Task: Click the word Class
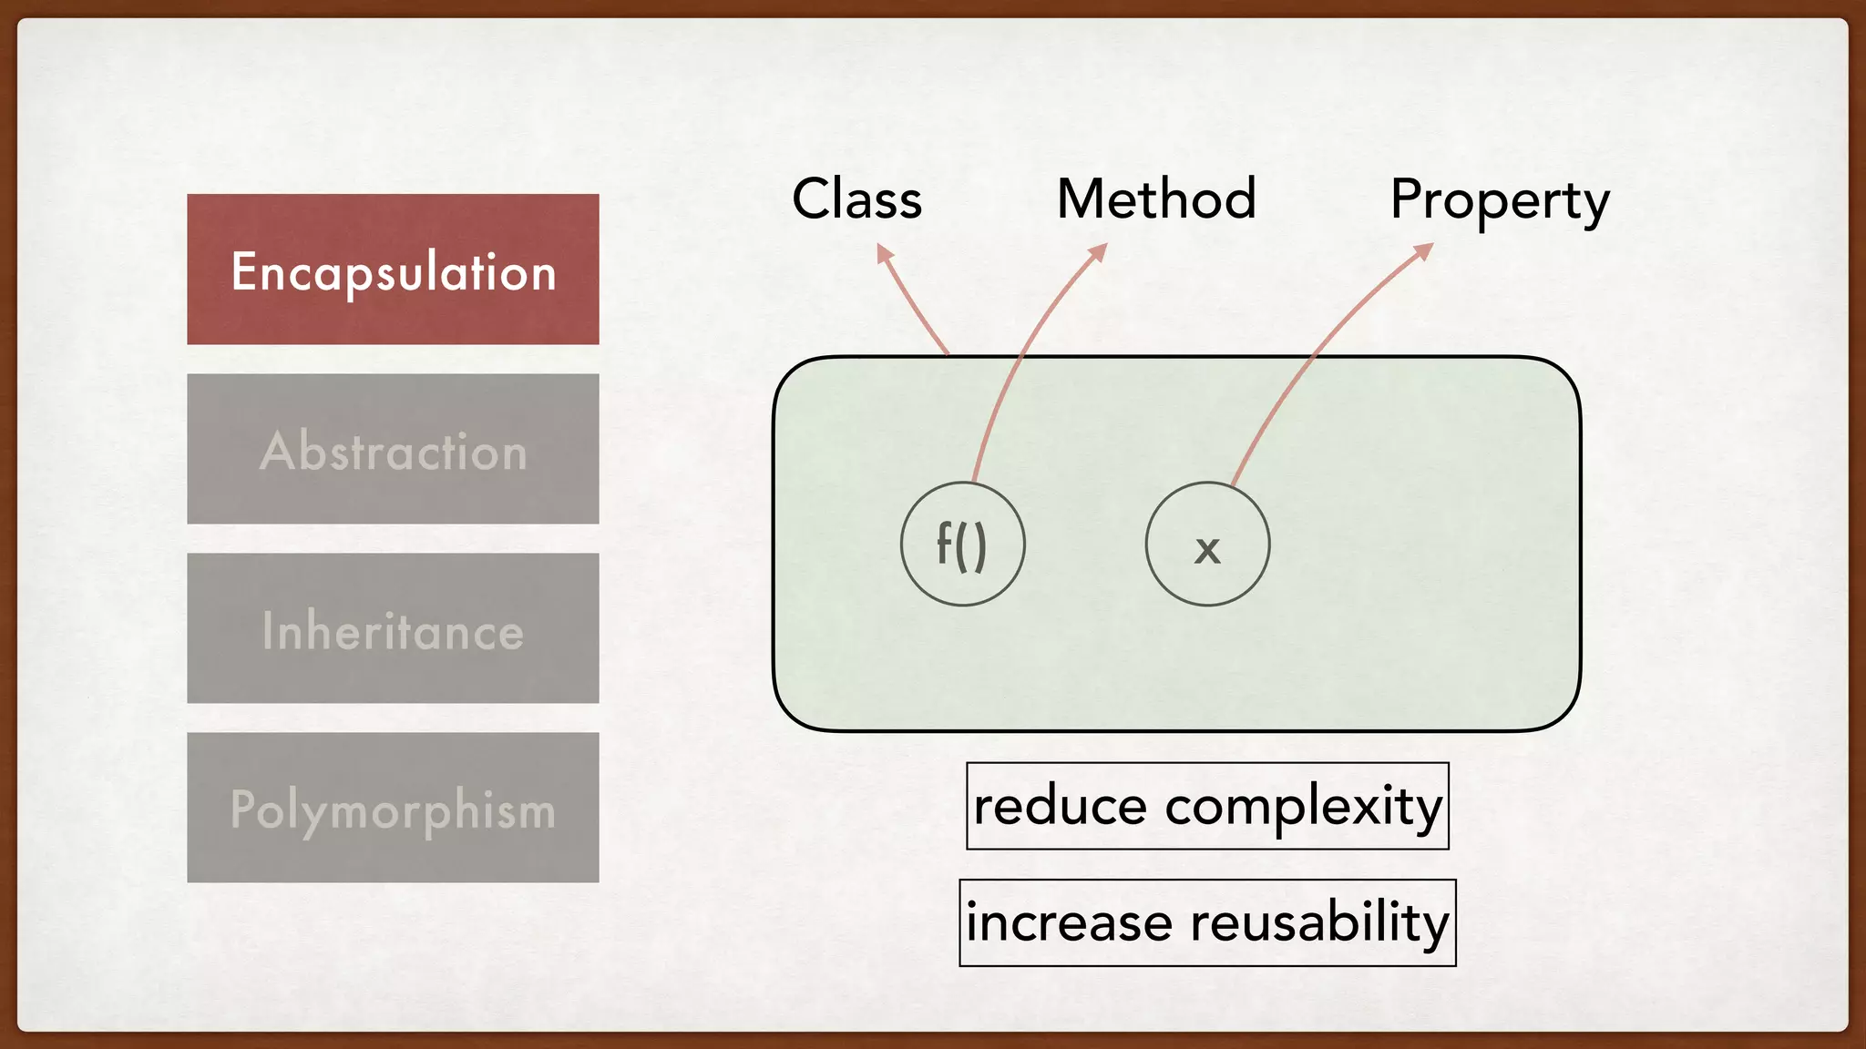point(856,199)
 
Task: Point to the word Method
point(1156,199)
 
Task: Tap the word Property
point(1499,201)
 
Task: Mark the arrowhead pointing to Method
point(1099,250)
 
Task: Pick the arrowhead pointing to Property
point(1424,250)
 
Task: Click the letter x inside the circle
point(1207,549)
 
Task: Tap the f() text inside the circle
point(962,545)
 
